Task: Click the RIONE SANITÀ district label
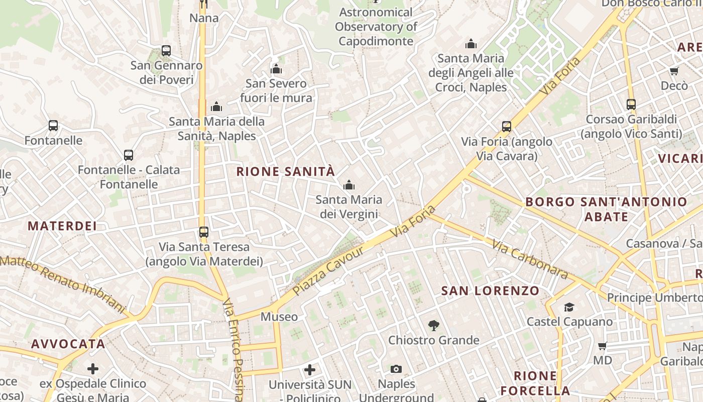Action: [285, 171]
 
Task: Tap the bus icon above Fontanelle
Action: [53, 126]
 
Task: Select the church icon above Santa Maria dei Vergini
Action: [349, 185]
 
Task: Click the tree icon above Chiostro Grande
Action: [433, 326]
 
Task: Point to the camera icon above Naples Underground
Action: [396, 369]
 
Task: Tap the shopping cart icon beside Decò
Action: [674, 71]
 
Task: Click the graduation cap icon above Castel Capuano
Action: [569, 307]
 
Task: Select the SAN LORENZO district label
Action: [490, 290]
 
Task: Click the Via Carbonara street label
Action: [530, 259]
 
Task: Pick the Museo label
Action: [279, 317]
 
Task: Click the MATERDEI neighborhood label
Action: [62, 226]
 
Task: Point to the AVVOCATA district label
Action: [68, 344]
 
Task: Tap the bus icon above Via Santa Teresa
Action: [203, 232]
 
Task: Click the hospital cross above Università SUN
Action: [310, 370]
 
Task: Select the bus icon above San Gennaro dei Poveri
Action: [166, 51]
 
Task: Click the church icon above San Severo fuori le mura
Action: [276, 69]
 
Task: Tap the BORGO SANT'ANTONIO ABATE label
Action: [606, 209]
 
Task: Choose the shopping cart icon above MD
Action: [603, 346]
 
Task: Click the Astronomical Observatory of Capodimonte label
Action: [376, 27]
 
